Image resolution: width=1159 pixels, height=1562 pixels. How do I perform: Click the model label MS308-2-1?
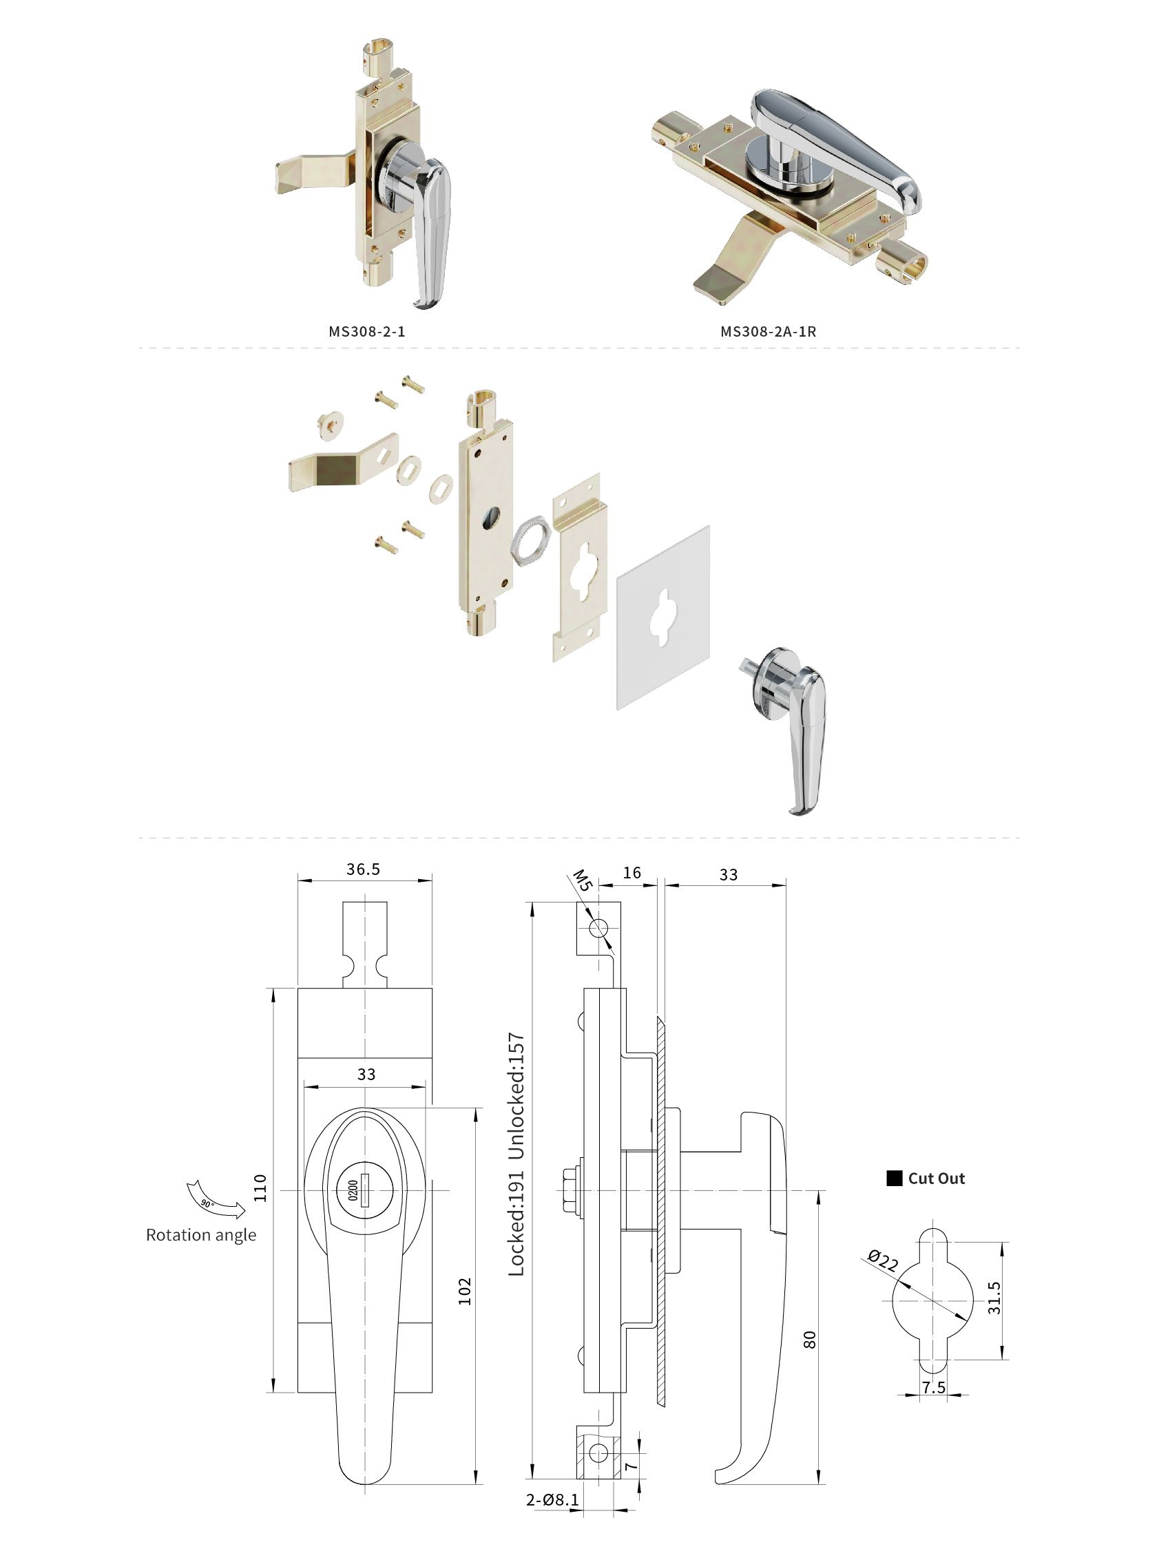click(366, 331)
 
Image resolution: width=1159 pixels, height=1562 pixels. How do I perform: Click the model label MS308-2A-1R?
click(768, 331)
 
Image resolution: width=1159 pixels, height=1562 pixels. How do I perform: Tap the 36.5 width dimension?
click(363, 869)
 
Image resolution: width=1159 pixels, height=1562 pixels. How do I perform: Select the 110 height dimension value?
click(260, 1188)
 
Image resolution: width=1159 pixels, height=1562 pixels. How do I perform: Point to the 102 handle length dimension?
click(465, 1291)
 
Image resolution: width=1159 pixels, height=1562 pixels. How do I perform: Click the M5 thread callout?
click(583, 880)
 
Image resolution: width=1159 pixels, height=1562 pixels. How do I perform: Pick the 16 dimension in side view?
click(631, 872)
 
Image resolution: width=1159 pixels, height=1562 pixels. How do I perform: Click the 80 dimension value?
click(810, 1340)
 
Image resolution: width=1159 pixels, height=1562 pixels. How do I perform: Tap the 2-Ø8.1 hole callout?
click(553, 1500)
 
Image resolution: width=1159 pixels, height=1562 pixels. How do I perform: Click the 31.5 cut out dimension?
click(994, 1298)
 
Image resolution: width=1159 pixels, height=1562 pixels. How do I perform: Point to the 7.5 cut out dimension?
click(934, 1387)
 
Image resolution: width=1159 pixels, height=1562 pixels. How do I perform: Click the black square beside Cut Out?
click(894, 1179)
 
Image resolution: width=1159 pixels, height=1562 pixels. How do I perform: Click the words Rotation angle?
click(200, 1235)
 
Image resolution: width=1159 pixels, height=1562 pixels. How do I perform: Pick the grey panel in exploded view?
click(663, 617)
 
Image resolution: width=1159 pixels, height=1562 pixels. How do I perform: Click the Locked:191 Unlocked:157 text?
click(516, 1154)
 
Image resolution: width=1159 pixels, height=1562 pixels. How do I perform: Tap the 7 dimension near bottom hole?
click(631, 1466)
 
